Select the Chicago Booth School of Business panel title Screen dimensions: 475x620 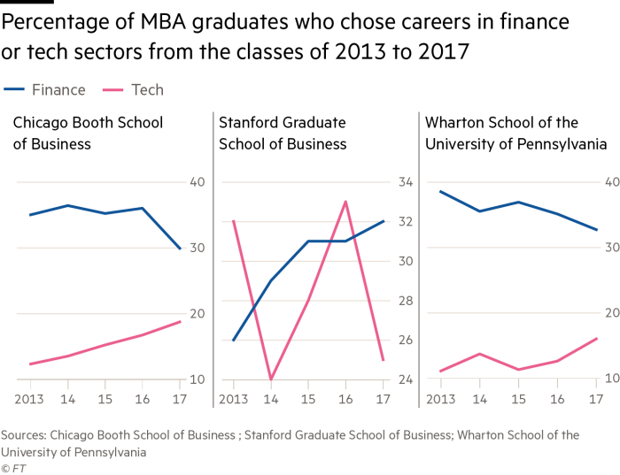[88, 133]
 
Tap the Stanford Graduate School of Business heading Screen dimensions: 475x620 [282, 133]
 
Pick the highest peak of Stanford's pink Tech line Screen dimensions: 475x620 [345, 201]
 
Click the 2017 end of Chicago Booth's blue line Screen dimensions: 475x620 [181, 249]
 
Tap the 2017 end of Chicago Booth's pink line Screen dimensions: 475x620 [181, 321]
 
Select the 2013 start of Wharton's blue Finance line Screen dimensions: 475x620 [439, 191]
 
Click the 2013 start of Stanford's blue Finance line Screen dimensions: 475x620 [232, 341]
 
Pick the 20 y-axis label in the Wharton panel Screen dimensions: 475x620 [611, 313]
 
